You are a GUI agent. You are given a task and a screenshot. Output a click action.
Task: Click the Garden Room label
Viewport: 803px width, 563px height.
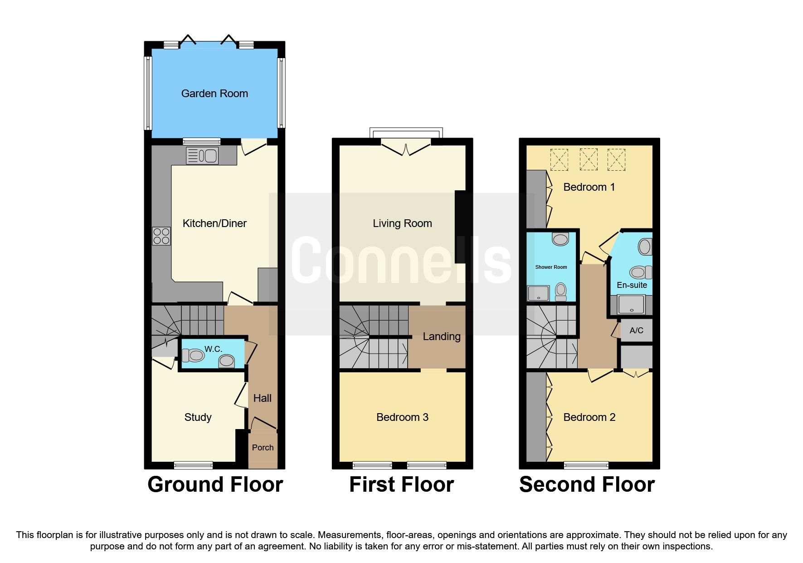coord(214,94)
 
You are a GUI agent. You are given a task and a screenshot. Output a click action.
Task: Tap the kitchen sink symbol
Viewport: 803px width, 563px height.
coord(202,156)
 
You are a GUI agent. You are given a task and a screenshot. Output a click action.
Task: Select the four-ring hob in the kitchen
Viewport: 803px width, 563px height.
coord(161,236)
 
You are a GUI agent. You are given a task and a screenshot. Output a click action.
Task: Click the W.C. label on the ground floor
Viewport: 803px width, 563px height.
coord(213,349)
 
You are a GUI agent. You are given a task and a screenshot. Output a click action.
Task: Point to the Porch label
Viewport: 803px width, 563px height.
coord(263,448)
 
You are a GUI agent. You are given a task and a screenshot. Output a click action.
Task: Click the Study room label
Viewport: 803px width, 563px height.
coord(198,417)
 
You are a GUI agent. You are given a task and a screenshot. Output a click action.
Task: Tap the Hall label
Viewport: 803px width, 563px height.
coord(262,398)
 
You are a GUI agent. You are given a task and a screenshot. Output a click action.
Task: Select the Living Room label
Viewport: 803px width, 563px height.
coord(402,223)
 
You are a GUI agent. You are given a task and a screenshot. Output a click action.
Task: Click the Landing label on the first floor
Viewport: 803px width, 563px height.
coord(441,336)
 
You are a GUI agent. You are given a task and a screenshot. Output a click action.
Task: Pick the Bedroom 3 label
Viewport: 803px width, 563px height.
coord(402,417)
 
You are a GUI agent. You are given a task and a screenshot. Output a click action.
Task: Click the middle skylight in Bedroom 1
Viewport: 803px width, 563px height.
coord(588,159)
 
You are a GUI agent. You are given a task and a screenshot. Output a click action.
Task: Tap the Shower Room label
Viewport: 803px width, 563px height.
coord(551,267)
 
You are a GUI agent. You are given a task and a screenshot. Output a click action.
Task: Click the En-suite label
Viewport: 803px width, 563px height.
coord(632,285)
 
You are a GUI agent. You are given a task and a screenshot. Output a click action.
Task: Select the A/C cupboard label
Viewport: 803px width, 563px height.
coord(636,331)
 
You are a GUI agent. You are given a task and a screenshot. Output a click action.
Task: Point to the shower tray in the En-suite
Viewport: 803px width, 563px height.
coord(631,304)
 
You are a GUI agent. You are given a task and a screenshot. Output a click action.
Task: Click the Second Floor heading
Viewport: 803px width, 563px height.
coord(587,484)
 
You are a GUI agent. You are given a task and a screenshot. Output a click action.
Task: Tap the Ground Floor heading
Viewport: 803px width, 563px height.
coord(215,484)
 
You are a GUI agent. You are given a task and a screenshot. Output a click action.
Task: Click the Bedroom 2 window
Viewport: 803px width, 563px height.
coord(586,465)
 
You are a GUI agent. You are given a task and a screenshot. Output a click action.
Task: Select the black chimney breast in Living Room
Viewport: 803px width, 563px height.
coord(461,227)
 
